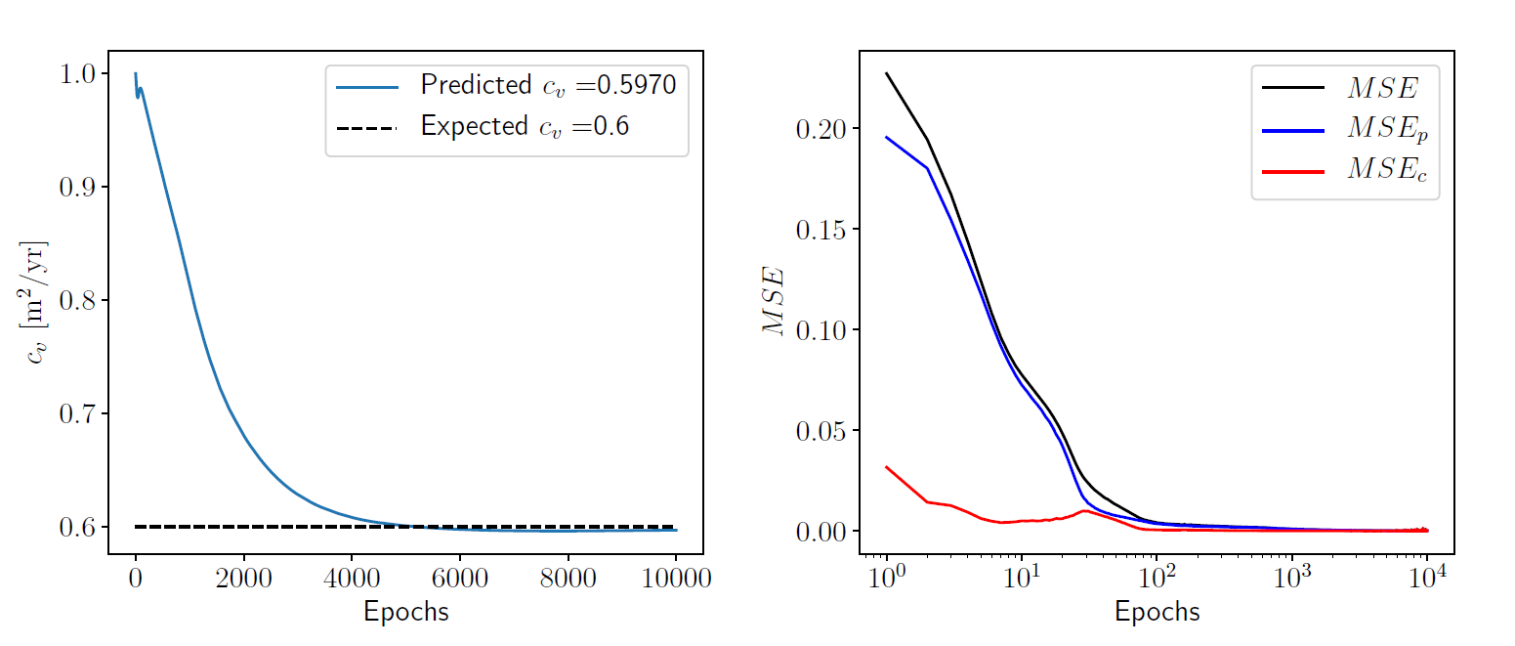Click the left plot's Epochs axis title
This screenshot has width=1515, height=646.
405,613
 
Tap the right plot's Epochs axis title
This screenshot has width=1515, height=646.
1157,613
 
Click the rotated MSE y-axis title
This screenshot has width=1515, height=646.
774,302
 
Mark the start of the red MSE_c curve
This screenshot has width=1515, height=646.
887,467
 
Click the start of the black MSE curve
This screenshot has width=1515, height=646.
887,73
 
